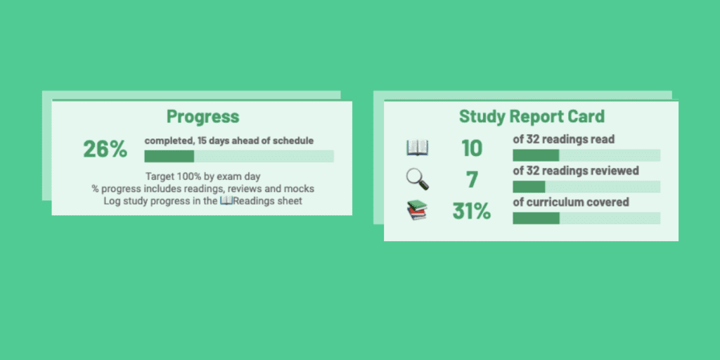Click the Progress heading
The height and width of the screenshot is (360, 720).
click(202, 117)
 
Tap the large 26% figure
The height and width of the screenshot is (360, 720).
click(105, 149)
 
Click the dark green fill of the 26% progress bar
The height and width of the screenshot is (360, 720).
click(169, 156)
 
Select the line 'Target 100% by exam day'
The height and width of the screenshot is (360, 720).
click(202, 176)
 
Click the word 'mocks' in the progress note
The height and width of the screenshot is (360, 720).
click(299, 188)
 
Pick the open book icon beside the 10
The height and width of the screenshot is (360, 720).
click(417, 148)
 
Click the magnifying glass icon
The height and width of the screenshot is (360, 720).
click(418, 180)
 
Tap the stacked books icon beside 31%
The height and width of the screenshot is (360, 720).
click(417, 210)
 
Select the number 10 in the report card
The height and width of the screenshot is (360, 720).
click(472, 148)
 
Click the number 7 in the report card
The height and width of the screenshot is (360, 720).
click(472, 180)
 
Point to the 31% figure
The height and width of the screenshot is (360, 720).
click(471, 211)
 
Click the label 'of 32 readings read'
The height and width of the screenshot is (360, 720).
click(563, 139)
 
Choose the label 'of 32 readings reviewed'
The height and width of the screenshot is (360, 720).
click(575, 171)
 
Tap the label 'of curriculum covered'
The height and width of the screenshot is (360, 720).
click(570, 202)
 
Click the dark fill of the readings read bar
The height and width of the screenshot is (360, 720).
click(536, 155)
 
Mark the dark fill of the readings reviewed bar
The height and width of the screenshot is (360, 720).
click(529, 187)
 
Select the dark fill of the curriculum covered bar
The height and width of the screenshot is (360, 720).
click(536, 218)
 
